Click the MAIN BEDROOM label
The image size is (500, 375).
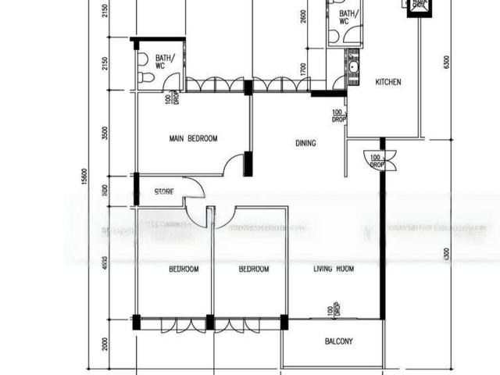pyautogui.click(x=193, y=138)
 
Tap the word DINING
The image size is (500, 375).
pyautogui.click(x=305, y=143)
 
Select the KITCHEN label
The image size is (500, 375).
pyautogui.click(x=388, y=81)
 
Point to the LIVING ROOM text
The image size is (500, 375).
pyautogui.click(x=334, y=269)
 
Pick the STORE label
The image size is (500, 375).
pyautogui.click(x=164, y=191)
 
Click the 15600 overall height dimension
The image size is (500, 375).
pyautogui.click(x=84, y=178)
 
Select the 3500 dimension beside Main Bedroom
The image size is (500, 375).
pyautogui.click(x=105, y=133)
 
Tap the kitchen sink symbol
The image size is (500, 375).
pyautogui.click(x=353, y=69)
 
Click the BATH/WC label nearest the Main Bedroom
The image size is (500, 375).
pyautogui.click(x=165, y=62)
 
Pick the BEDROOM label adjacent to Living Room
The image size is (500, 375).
pyautogui.click(x=254, y=269)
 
